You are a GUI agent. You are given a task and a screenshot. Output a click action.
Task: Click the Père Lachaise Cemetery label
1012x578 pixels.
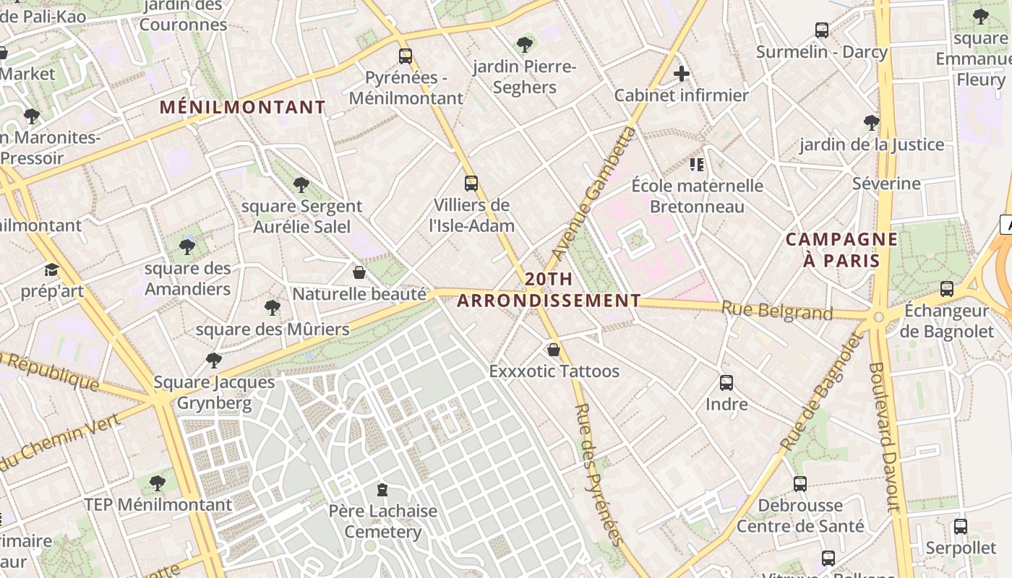[x=383, y=522]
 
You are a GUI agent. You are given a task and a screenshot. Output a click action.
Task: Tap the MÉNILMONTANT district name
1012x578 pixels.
[x=243, y=108]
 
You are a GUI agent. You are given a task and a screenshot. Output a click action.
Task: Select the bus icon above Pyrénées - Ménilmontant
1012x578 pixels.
[x=406, y=56]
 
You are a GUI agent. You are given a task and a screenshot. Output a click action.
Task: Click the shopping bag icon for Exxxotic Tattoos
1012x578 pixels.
[x=554, y=350]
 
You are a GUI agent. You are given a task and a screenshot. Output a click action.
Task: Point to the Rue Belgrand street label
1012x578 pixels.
[x=777, y=311]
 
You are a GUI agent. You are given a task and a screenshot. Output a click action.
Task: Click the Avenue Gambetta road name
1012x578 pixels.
[x=594, y=193]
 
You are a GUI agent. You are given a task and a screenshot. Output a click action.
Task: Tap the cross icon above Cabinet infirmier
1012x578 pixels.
[x=681, y=74]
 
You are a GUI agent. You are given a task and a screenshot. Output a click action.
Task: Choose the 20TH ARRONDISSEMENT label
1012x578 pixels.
[x=549, y=290]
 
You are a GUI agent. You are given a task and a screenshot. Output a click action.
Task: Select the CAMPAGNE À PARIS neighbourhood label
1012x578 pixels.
[x=841, y=250]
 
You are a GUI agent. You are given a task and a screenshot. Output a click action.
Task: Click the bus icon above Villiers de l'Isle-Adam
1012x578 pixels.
[x=471, y=184]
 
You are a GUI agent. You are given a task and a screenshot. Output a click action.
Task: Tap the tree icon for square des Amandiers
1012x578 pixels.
[x=187, y=247]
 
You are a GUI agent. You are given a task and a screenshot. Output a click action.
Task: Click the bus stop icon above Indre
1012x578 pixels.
[x=726, y=383]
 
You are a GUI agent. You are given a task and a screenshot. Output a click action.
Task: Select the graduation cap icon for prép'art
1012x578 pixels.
[x=51, y=270]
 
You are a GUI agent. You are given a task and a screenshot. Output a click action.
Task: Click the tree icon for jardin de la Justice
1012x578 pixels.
[x=872, y=123]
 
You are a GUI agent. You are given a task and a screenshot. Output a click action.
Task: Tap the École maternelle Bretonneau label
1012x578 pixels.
[x=697, y=196]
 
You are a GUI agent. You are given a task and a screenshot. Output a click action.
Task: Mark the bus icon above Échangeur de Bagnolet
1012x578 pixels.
[x=947, y=289]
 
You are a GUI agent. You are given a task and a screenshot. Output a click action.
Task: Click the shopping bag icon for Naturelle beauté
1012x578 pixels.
[x=359, y=272]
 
